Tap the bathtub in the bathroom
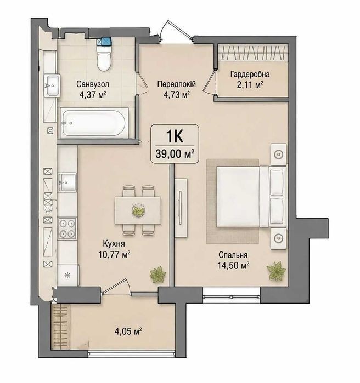[x=94, y=122]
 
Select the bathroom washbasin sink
[x=52, y=85]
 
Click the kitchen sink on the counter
[x=67, y=182]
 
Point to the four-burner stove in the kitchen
[x=67, y=228]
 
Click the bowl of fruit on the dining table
[x=138, y=210]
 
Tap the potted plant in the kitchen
[x=157, y=275]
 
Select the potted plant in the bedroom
[x=276, y=270]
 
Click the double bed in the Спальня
[x=251, y=196]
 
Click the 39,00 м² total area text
[x=175, y=154]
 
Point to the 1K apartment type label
[x=175, y=136]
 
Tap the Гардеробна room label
[x=250, y=75]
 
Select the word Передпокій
[x=177, y=84]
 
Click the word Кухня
[x=114, y=243]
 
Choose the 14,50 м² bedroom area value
[x=233, y=265]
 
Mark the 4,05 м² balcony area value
[x=128, y=331]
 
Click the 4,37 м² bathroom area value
[x=93, y=95]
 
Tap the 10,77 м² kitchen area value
[x=114, y=255]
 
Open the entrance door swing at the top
[x=175, y=31]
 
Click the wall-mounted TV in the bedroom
[x=181, y=208]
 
